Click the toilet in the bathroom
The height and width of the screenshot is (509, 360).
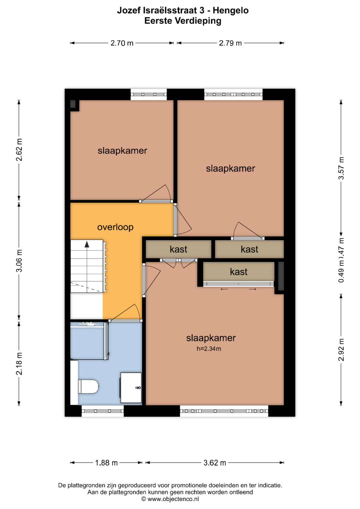88,386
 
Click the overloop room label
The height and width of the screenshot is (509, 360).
115,227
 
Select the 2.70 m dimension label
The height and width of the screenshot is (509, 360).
122,43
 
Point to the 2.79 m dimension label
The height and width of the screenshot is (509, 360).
230,43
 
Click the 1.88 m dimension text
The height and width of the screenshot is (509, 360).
106,463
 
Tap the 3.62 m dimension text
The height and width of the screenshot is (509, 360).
215,463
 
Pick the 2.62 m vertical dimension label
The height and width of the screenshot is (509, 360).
19,150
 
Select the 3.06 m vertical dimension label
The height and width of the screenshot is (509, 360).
19,260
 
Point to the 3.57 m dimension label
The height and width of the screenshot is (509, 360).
341,168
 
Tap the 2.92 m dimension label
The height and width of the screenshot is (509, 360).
341,350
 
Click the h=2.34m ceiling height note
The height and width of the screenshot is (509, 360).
209,349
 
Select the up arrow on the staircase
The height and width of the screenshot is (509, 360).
87,245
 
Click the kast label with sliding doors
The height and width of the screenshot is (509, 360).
239,272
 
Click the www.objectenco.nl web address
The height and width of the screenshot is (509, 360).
173,499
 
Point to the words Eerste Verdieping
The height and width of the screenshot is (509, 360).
183,21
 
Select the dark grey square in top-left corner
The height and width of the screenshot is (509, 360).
73,104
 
